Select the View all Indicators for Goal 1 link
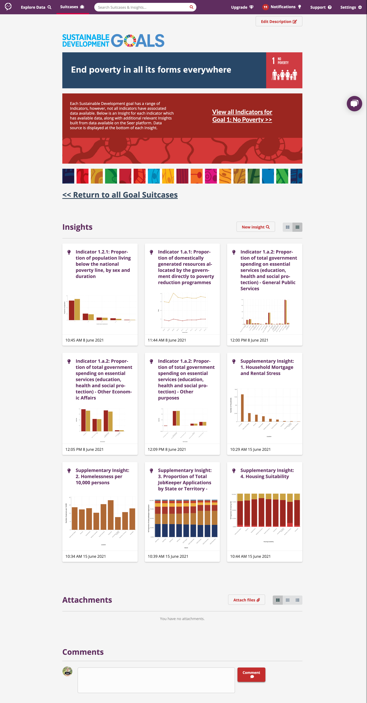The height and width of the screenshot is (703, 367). tap(242, 116)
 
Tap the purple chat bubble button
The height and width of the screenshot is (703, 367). tap(354, 104)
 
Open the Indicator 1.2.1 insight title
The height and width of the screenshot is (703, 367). tap(103, 264)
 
